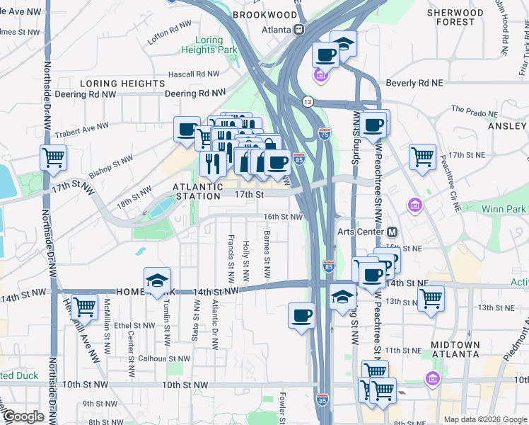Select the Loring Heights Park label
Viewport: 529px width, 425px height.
coord(209,46)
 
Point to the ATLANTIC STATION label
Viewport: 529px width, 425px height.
coord(198,187)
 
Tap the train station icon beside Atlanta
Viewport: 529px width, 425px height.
coord(299,30)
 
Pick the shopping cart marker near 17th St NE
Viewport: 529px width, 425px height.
coord(422,155)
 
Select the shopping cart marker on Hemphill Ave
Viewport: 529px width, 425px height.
coord(84,306)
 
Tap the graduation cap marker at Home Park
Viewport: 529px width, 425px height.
coord(157,280)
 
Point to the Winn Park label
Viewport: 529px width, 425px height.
coord(504,209)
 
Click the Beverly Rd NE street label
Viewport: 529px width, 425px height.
coord(414,83)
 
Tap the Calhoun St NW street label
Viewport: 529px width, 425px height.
coord(163,358)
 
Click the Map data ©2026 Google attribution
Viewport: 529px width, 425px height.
coord(484,419)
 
